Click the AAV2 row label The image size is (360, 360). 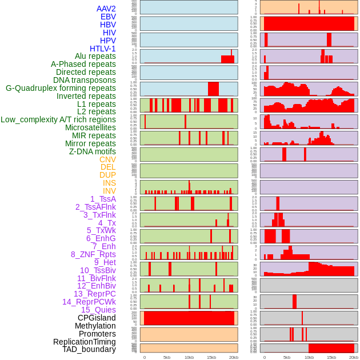point(106,9)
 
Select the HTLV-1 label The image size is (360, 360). point(102,49)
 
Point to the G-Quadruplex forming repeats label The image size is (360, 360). point(61,88)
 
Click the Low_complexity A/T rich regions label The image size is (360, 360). point(58,119)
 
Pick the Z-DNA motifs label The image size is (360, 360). point(92,151)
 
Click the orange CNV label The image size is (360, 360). point(107,159)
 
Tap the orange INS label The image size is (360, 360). point(109,183)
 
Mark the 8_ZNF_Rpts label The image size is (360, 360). point(93,254)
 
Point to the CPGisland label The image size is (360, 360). point(97,318)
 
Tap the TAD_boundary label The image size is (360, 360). point(89,349)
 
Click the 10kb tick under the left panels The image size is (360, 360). point(189,357)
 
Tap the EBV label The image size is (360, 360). point(108,17)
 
